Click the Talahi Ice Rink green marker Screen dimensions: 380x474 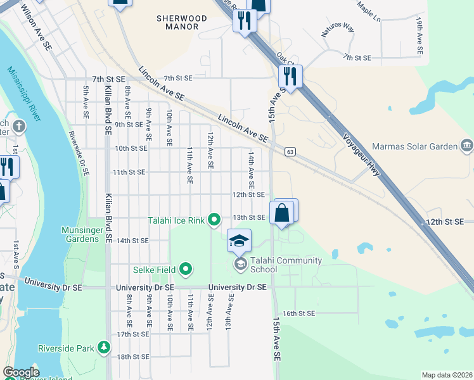(214, 220)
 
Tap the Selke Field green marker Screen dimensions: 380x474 (186, 270)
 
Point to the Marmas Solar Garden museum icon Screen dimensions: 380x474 (467, 146)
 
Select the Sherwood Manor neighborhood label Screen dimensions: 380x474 (182, 23)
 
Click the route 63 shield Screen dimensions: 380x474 (290, 152)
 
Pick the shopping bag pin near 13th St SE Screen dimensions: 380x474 (282, 213)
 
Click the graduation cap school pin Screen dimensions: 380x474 (239, 241)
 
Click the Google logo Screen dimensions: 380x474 (21, 372)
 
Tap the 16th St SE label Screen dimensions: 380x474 (298, 313)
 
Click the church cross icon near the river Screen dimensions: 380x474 (20, 125)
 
